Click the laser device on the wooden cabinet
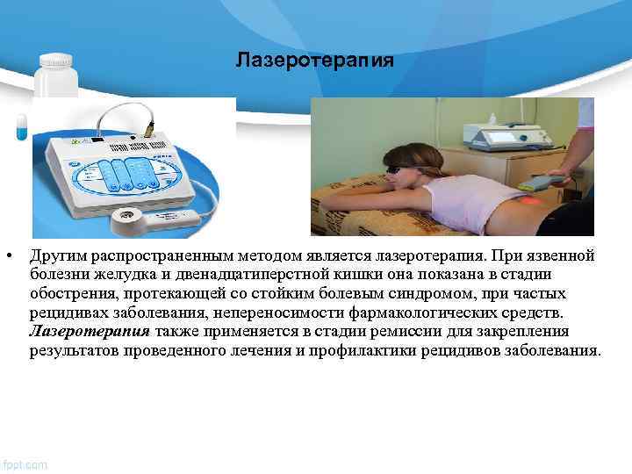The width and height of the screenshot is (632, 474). point(505,135)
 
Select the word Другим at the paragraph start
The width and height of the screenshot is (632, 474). point(58,255)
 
